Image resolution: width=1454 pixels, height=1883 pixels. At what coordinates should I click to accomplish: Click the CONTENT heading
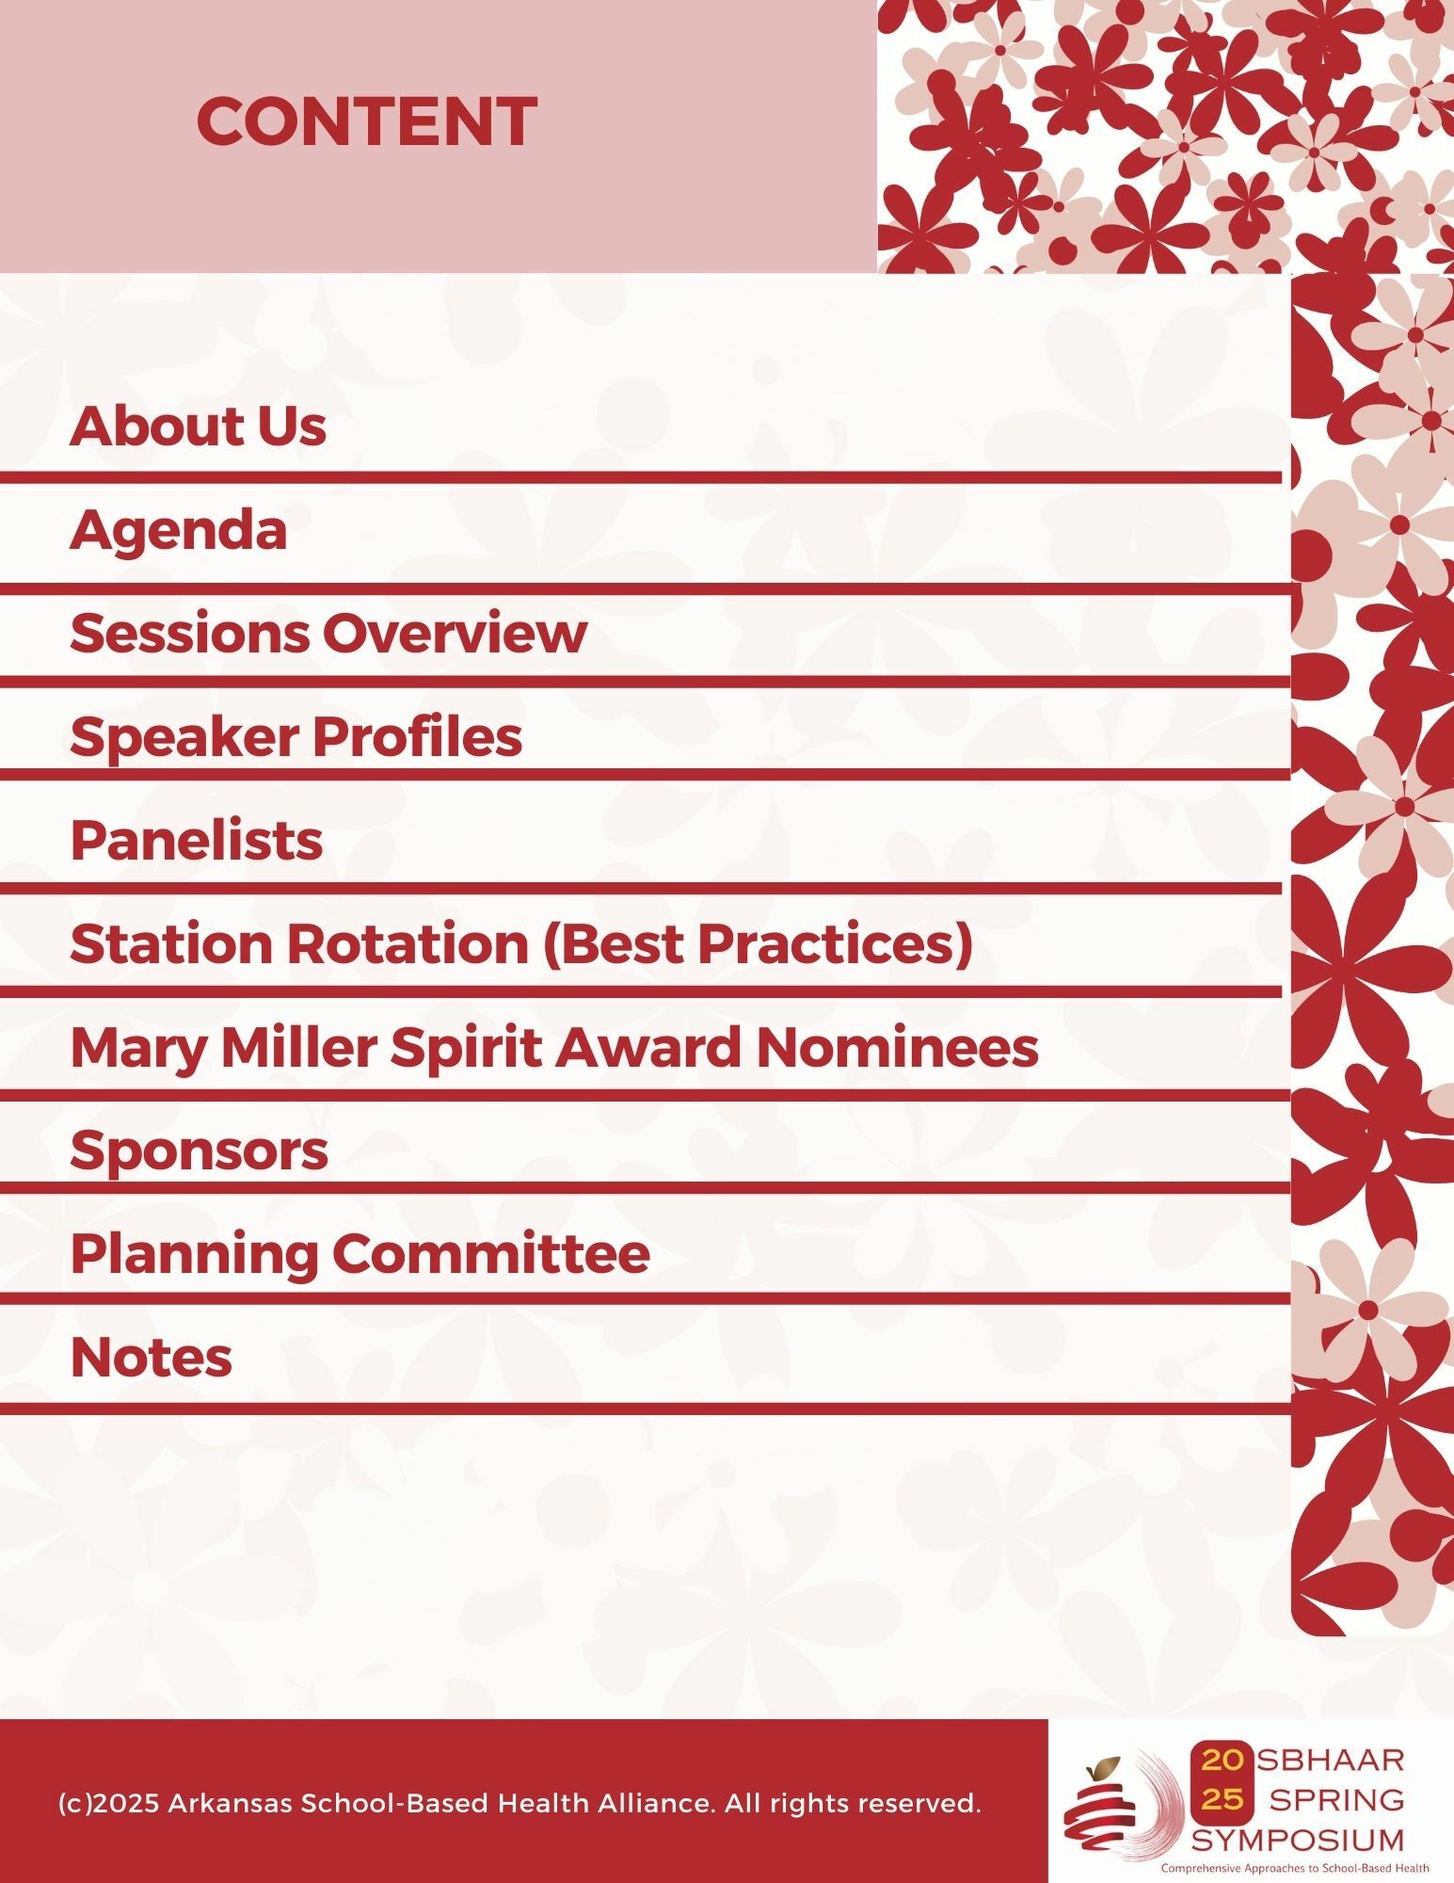point(367,121)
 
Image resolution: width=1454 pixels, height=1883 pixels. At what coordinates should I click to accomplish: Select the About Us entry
point(198,426)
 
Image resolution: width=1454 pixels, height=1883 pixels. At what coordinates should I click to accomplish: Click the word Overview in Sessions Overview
point(455,633)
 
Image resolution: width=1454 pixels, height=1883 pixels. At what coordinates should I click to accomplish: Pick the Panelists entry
point(197,840)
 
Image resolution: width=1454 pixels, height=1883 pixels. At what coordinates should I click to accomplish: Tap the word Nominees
point(898,1047)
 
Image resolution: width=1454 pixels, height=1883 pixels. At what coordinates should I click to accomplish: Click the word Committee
point(490,1254)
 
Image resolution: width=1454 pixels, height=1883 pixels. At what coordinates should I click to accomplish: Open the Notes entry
point(152,1358)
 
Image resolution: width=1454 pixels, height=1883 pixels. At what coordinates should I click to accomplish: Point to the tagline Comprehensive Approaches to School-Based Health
point(1295,1868)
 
